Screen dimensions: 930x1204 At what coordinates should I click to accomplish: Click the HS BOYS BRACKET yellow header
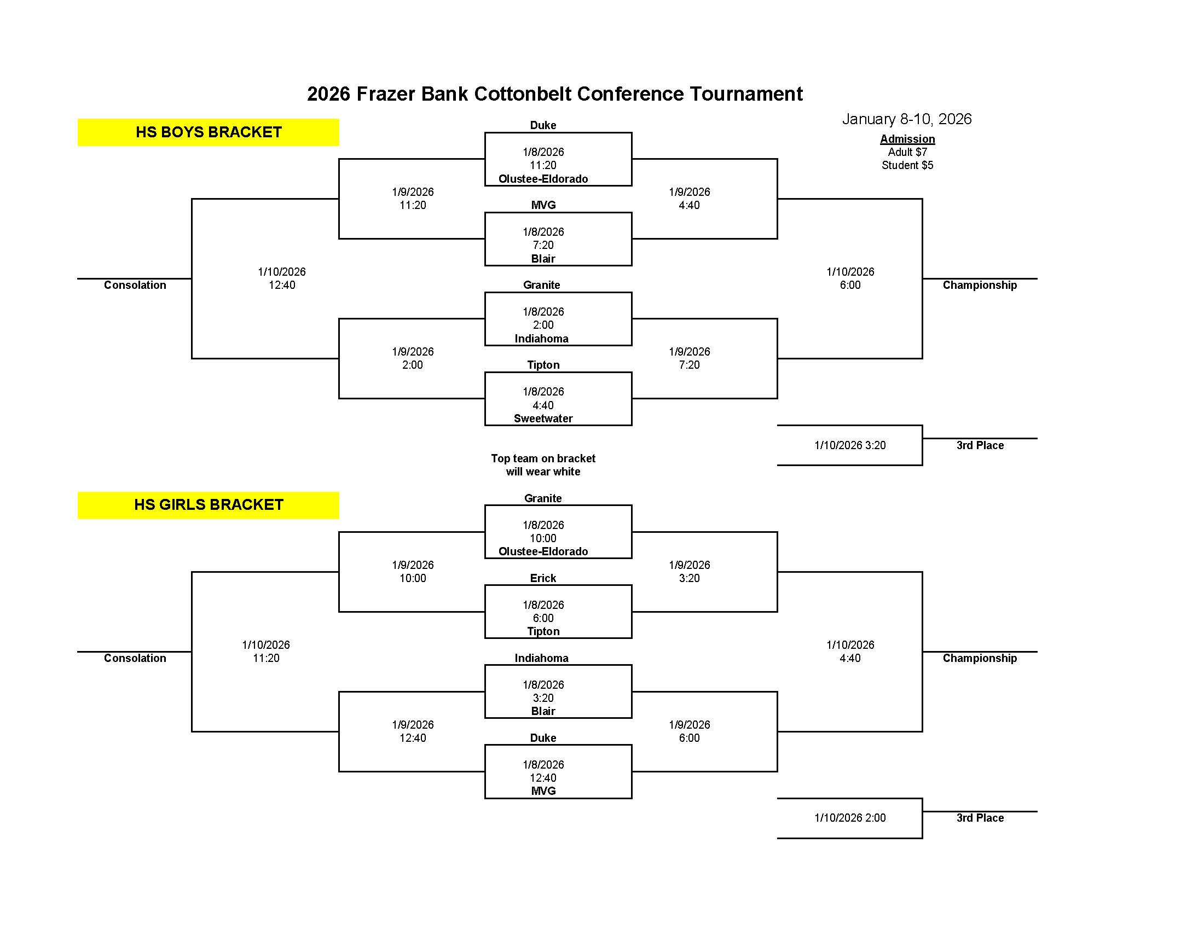pos(209,132)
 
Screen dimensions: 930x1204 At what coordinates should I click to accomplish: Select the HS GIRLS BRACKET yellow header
pos(209,505)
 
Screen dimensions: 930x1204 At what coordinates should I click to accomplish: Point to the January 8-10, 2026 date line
pos(907,119)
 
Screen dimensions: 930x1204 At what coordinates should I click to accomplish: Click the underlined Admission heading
pos(907,139)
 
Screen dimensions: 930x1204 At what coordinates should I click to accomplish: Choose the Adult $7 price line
pos(907,152)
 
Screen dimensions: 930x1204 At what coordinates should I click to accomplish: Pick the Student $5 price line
pos(907,165)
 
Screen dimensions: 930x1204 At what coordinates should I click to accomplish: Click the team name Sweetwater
pos(543,418)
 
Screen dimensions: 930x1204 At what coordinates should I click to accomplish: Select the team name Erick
pos(543,578)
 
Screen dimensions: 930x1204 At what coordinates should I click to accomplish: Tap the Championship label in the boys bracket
pos(979,285)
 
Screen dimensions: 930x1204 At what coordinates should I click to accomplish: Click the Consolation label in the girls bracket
pos(135,658)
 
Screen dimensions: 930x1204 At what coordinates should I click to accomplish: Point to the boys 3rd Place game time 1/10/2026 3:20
pos(849,445)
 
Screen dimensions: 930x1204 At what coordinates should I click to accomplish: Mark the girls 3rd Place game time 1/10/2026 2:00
pos(849,818)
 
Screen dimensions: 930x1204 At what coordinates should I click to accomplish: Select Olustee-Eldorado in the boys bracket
pos(543,178)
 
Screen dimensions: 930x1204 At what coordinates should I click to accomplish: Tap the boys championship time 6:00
pos(849,285)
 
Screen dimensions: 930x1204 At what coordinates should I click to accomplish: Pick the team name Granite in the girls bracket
pos(543,498)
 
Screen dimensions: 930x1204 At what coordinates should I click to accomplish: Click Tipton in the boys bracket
pos(543,365)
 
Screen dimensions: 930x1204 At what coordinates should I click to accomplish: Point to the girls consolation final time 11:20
pos(266,658)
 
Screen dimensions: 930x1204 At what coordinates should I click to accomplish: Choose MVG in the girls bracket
pos(543,791)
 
